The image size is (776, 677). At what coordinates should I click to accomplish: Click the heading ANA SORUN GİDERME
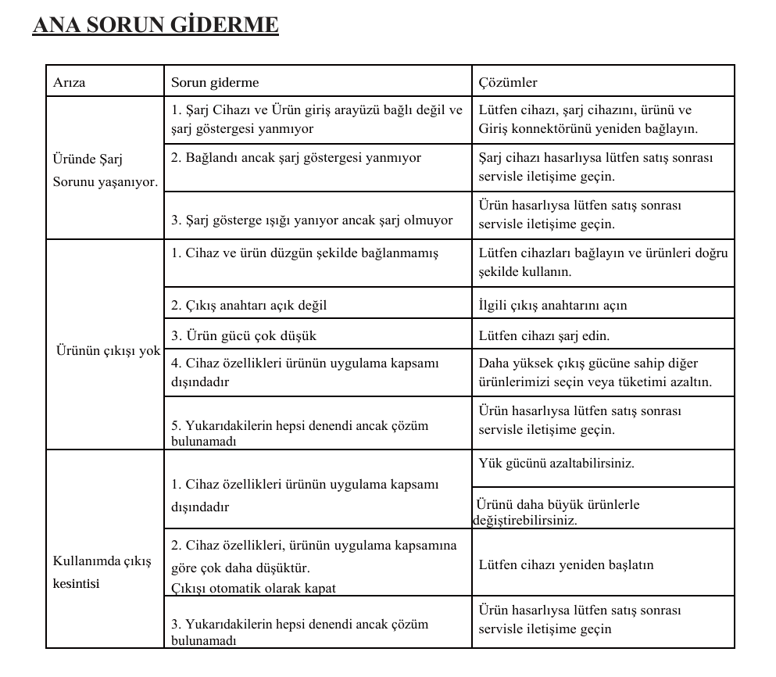click(x=155, y=25)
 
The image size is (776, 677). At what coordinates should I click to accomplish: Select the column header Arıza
click(x=70, y=82)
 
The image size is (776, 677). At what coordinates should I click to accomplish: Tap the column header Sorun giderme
click(x=215, y=82)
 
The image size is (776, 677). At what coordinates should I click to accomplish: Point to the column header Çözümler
click(x=508, y=82)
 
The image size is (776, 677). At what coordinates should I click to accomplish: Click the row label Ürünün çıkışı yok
click(x=108, y=350)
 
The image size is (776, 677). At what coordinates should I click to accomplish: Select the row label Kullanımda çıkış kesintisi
click(x=102, y=572)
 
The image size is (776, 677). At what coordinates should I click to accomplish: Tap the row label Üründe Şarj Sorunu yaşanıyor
click(x=105, y=170)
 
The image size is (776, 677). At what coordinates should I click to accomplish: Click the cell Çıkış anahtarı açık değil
click(x=249, y=305)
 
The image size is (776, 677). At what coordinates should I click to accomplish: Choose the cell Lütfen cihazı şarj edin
click(x=544, y=335)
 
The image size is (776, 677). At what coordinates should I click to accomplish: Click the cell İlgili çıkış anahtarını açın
click(x=552, y=305)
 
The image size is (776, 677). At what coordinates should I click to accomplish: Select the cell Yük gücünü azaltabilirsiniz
click(x=556, y=463)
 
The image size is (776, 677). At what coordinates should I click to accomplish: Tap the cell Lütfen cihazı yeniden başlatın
click(x=566, y=564)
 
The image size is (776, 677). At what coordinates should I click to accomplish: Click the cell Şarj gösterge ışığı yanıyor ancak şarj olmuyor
click(x=312, y=220)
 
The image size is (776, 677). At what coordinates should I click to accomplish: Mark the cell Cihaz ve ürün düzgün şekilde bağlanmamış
click(x=305, y=253)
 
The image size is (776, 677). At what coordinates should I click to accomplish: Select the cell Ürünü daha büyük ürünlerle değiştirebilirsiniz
click(x=558, y=512)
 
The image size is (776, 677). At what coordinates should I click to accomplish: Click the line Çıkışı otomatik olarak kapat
click(x=254, y=588)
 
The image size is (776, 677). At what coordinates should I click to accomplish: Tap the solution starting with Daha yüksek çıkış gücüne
click(x=595, y=372)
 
